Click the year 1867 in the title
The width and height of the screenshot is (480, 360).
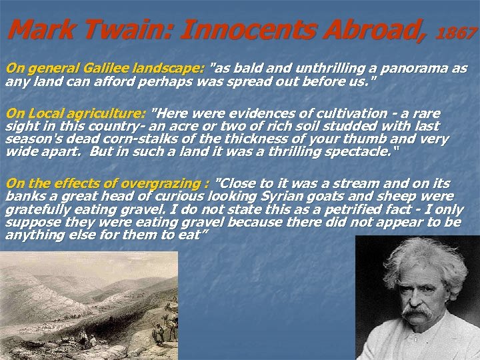(458, 31)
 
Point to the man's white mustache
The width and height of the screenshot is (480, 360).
(417, 312)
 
